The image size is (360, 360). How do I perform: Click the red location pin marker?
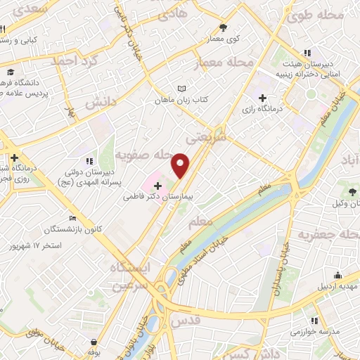[181, 165]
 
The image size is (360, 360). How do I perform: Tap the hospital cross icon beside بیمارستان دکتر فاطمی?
[157, 186]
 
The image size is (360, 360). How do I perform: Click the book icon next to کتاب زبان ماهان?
[182, 89]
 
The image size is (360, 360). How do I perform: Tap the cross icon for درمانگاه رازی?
[263, 98]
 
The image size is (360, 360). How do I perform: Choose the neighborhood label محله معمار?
[226, 63]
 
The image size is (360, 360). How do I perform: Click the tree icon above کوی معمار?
[223, 27]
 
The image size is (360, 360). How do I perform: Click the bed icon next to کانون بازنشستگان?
[72, 219]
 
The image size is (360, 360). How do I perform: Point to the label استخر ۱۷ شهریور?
[36, 246]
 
